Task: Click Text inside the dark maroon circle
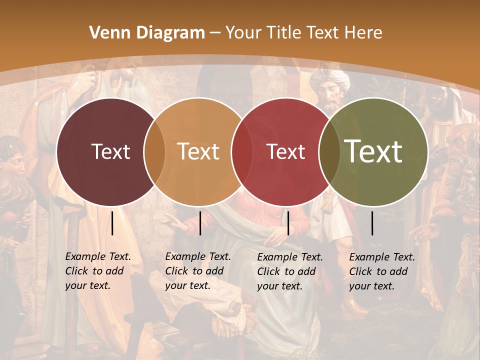click(x=110, y=151)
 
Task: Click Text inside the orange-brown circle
click(x=198, y=151)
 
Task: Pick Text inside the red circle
click(x=286, y=151)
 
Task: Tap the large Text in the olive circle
click(x=373, y=151)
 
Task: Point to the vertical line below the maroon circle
click(x=112, y=223)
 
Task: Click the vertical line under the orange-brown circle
click(x=200, y=223)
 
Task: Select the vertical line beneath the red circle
click(x=288, y=223)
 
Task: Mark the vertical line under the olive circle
click(x=372, y=223)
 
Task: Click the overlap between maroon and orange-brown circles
click(x=154, y=151)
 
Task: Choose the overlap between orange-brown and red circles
click(x=240, y=151)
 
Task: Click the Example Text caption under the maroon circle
click(x=98, y=271)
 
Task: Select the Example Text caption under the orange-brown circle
click(x=198, y=271)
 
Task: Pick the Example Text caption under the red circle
click(x=290, y=271)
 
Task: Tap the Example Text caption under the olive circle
click(x=382, y=271)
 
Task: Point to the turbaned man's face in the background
click(x=328, y=95)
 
